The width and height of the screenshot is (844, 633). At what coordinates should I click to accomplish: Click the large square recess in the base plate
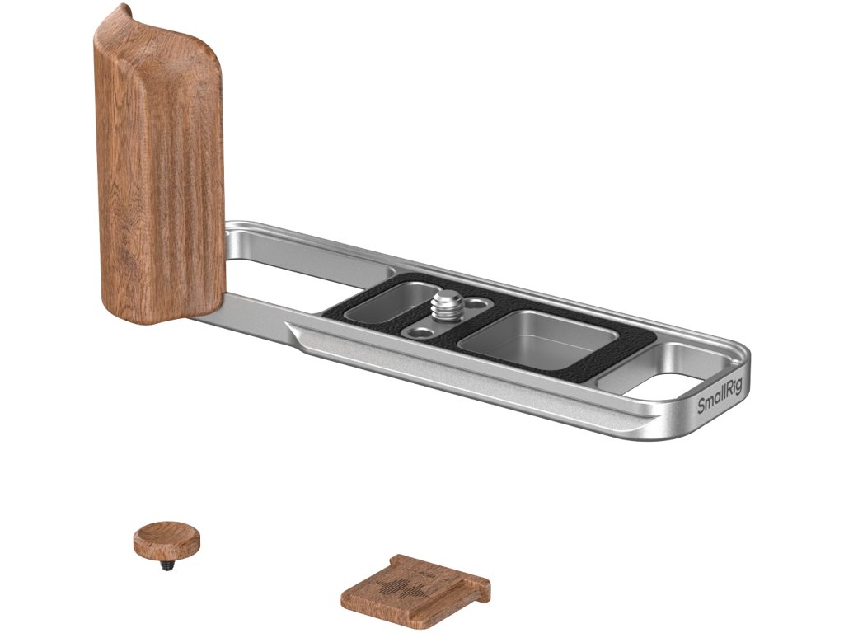coord(538,338)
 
